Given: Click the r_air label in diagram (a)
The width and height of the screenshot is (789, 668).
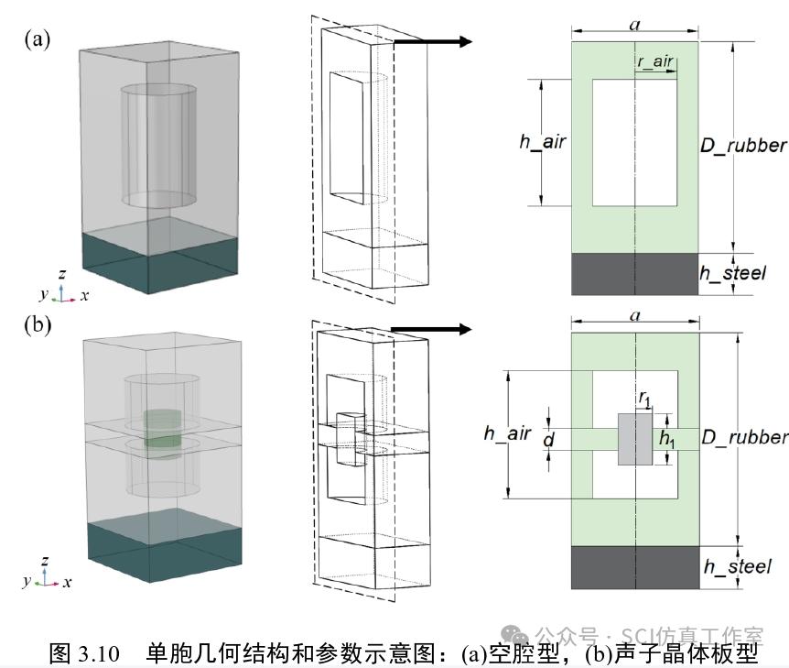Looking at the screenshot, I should point(654,62).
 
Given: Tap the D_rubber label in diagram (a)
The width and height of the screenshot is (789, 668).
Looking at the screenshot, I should point(743,145).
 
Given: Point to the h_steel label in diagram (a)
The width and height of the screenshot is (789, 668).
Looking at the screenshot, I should point(732,273).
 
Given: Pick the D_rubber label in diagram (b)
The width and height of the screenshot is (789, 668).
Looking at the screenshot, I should point(743,437).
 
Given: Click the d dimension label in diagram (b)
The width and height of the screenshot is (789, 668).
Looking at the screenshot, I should point(548,440).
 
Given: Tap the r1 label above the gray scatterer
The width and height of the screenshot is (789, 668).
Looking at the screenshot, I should point(644,400).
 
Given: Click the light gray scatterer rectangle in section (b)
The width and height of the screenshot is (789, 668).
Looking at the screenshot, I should point(634,439).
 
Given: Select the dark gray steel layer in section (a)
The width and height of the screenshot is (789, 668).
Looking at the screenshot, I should point(635,274).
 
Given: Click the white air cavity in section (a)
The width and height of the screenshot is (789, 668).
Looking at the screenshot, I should point(635,142).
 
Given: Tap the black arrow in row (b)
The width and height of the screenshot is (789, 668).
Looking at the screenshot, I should point(430,330).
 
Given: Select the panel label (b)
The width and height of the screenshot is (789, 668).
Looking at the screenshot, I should point(38,325).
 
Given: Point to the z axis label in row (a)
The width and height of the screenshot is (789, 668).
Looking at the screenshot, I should point(60,274).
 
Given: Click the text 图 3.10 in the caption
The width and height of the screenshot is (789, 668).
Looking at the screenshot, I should point(84,653).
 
